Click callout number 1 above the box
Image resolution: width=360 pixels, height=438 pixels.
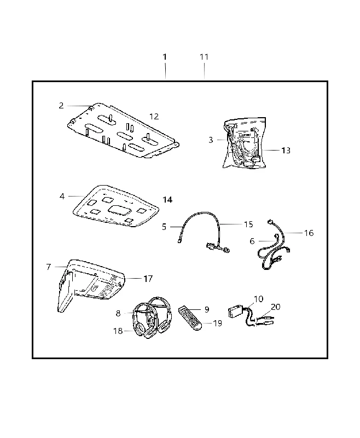165,57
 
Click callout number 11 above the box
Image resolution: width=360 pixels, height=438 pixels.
204,57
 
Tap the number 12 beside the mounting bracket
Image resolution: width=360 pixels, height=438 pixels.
154,116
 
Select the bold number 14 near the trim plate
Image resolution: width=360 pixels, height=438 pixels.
167,200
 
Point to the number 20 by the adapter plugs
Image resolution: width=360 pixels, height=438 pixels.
275,307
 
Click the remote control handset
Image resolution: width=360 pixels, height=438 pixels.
190,318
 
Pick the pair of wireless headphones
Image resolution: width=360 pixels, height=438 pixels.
151,318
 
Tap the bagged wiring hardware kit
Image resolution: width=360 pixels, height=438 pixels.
245,143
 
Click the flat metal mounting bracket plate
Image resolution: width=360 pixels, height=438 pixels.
123,130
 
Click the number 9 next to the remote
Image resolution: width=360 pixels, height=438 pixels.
206,309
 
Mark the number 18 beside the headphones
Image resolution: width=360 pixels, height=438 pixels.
118,331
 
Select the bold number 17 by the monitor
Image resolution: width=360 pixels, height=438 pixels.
148,279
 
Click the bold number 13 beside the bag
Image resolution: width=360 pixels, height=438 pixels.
286,150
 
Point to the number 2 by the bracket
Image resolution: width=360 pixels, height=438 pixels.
61,106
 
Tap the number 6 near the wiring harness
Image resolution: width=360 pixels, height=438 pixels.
252,241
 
